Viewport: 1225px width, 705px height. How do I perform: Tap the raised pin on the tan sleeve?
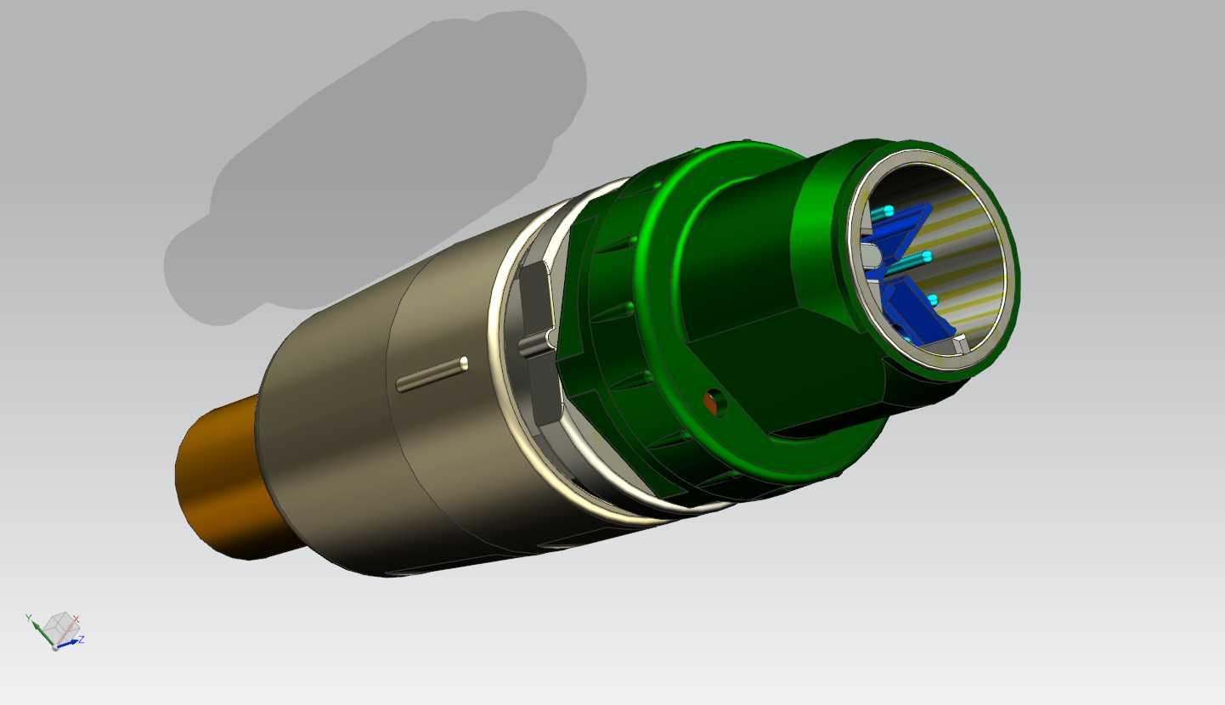[x=432, y=375]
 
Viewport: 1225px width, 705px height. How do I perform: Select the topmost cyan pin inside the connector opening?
[x=882, y=212]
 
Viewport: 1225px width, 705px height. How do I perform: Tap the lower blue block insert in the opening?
[x=919, y=311]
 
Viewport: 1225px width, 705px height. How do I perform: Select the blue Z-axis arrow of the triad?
[x=68, y=644]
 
